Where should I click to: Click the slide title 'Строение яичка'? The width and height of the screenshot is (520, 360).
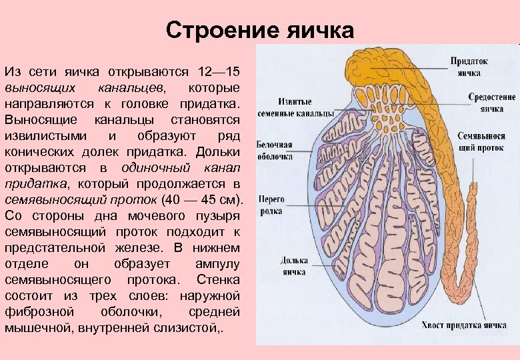pos(260,30)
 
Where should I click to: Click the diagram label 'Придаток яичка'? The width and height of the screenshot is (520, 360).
pos(469,67)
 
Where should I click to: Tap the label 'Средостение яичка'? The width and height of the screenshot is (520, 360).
pos(491,102)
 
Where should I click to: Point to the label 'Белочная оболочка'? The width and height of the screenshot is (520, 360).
pos(275,150)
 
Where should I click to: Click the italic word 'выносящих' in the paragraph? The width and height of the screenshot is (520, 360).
pos(33,88)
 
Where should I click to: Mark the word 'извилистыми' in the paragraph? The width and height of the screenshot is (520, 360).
pos(43,136)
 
